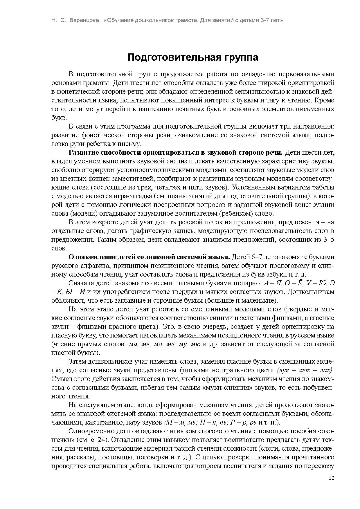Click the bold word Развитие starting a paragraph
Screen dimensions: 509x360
84,153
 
